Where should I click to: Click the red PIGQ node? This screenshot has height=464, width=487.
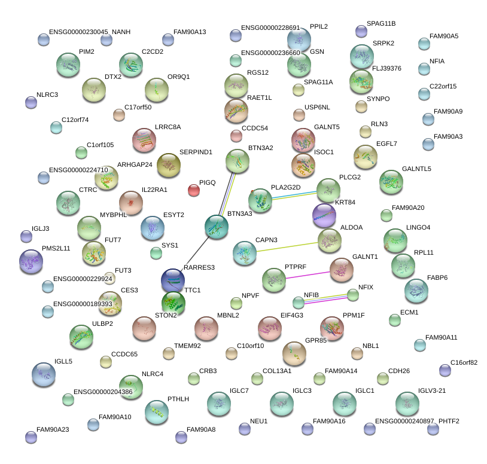[194, 190]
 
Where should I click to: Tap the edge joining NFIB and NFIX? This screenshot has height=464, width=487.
[325, 298]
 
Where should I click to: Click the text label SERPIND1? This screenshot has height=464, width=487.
[196, 152]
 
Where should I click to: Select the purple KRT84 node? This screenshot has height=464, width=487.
[324, 216]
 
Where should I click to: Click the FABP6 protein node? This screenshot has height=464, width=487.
[416, 291]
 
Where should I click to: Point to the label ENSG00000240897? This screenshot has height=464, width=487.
[404, 421]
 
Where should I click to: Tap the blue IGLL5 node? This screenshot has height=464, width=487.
[43, 374]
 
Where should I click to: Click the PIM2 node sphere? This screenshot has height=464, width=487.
[68, 65]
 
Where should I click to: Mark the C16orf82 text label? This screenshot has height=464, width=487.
[464, 362]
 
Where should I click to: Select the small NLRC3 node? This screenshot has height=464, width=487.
[31, 102]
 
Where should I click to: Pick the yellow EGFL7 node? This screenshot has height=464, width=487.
[365, 157]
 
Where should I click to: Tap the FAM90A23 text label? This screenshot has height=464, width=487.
[53, 429]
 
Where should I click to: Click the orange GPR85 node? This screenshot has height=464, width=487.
[294, 353]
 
